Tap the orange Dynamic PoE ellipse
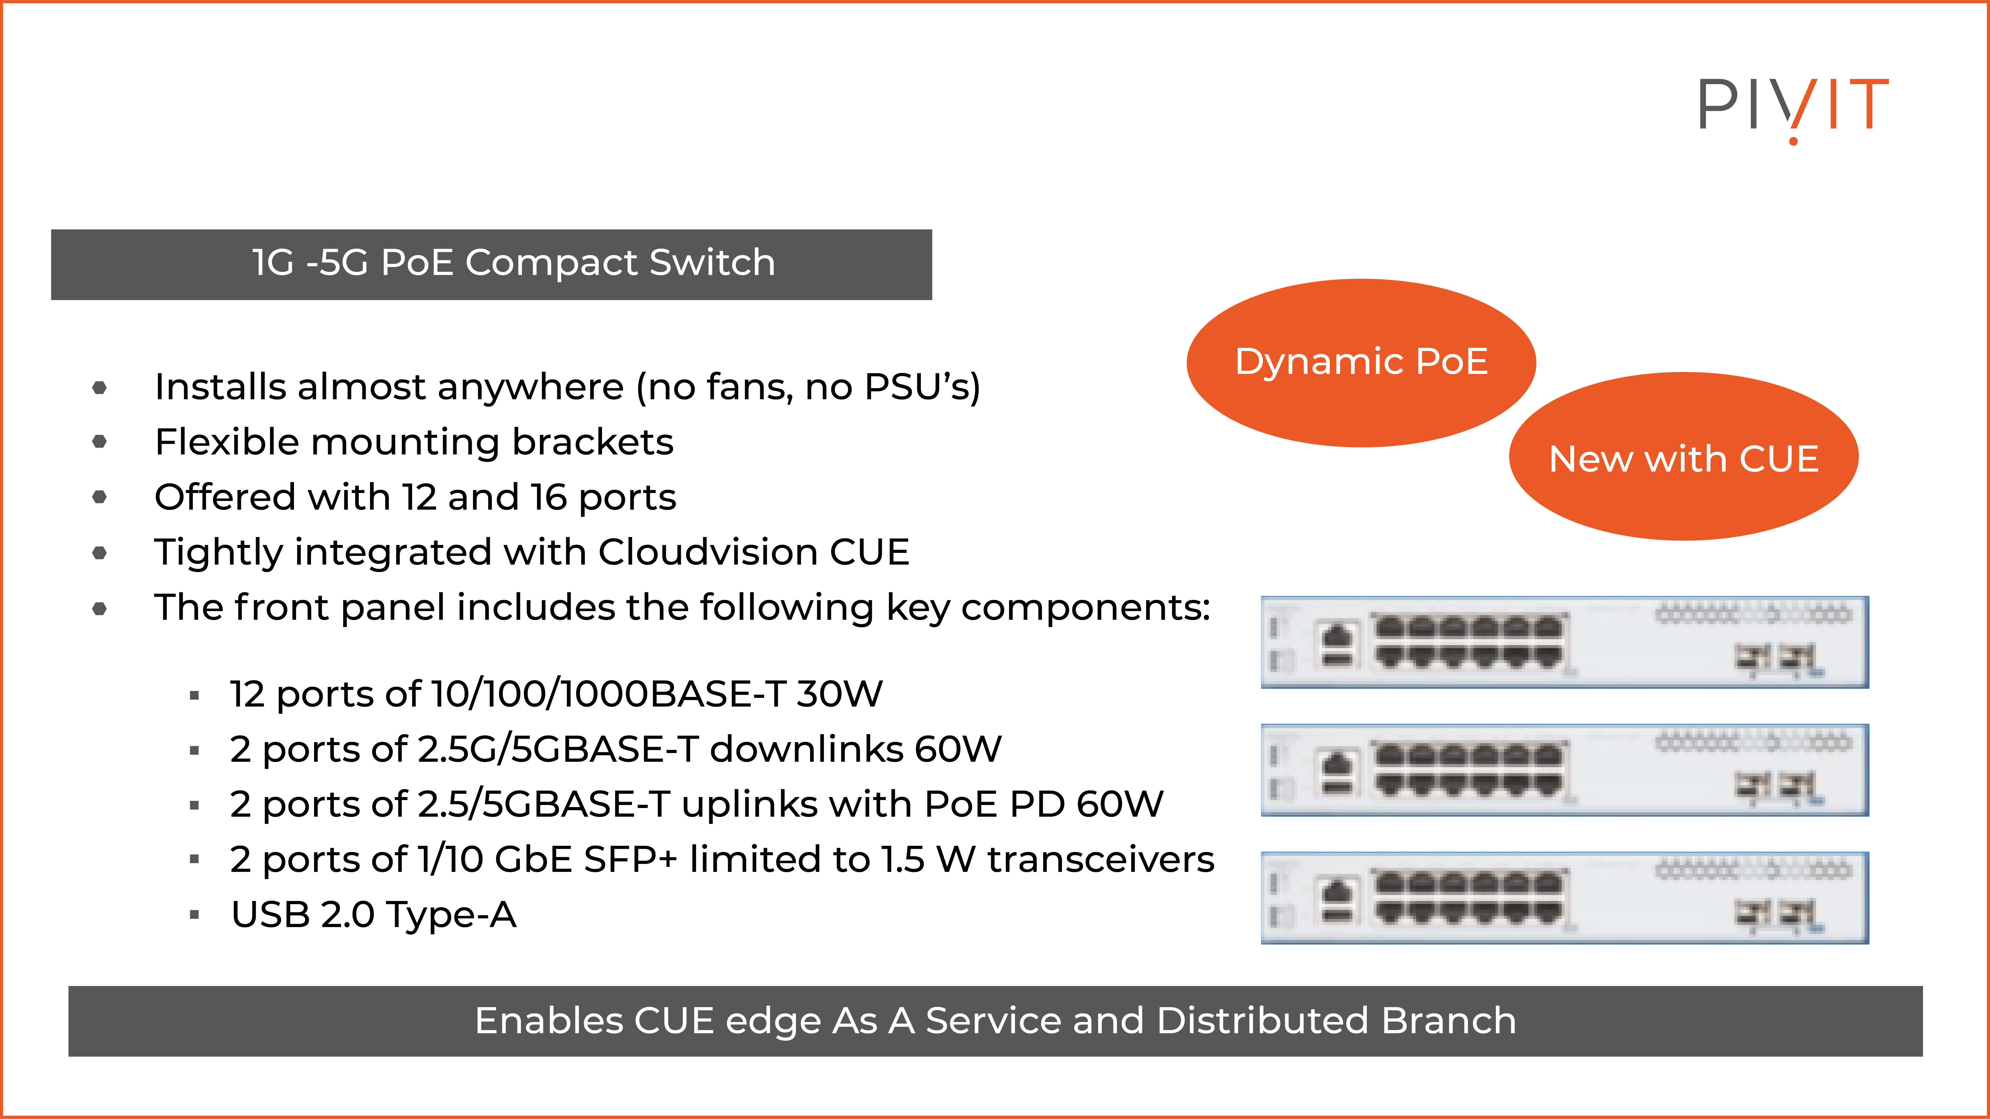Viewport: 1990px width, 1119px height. click(x=1361, y=362)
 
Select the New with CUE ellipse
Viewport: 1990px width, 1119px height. click(x=1683, y=458)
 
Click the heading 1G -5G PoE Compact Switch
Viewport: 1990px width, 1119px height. click(x=514, y=263)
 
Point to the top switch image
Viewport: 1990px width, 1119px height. click(x=1564, y=642)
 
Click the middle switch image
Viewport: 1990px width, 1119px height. click(x=1564, y=770)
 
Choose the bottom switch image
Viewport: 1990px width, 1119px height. click(x=1564, y=897)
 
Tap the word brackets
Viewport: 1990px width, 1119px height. click(x=593, y=442)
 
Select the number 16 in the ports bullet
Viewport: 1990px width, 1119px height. click(x=548, y=496)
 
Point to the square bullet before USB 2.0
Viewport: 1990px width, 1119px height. click(x=195, y=915)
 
